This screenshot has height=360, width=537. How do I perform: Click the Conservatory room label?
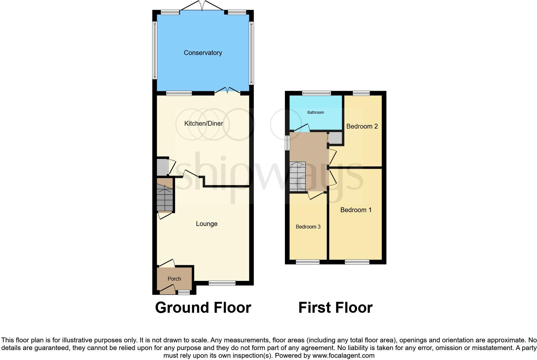pos(203,53)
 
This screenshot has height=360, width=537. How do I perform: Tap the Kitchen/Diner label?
pos(204,123)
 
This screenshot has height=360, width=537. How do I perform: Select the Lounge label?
pos(207,224)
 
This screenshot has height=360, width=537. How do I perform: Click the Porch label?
pos(174,279)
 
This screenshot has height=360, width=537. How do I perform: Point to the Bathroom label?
pos(315,113)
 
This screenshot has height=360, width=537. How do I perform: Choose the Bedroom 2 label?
pos(362,126)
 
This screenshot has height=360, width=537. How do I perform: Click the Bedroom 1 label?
pos(356,210)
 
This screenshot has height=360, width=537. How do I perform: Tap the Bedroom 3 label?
pos(308,227)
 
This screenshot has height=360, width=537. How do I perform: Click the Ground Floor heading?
pos(203,308)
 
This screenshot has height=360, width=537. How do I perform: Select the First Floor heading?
pos(335,308)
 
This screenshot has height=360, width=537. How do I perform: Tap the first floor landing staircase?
pos(298,176)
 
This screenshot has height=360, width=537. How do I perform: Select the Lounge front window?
pos(222,283)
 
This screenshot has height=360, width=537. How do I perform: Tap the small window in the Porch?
pos(184,292)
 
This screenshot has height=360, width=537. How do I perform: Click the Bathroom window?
pos(316,94)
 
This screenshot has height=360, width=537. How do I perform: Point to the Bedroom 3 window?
pos(308,262)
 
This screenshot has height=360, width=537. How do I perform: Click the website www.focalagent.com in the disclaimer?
pos(343,355)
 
